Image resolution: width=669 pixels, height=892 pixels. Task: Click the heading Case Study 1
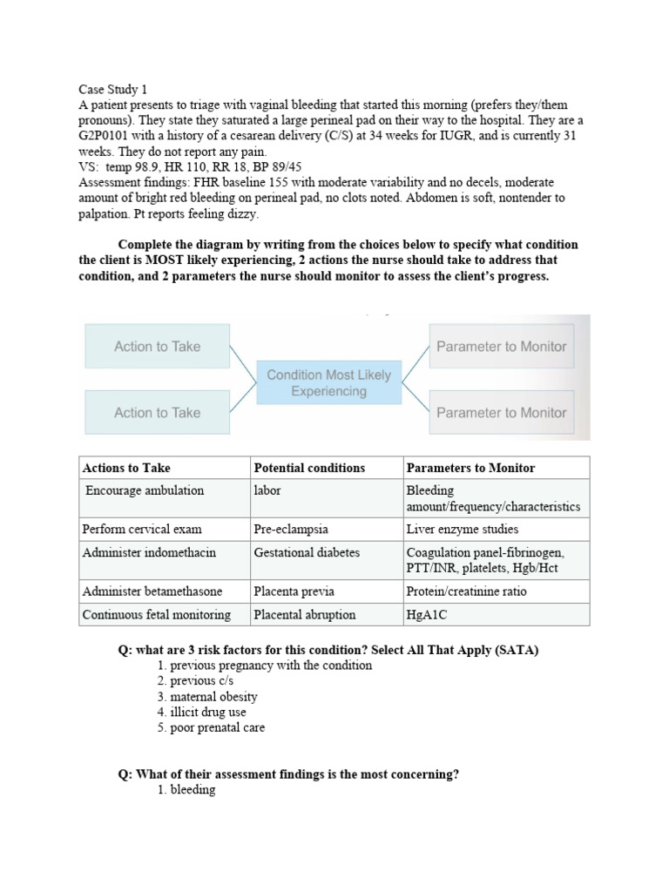pyautogui.click(x=113, y=89)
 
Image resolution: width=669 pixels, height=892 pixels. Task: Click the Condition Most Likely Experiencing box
pyautogui.click(x=328, y=383)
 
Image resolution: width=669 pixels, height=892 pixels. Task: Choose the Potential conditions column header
pyautogui.click(x=309, y=468)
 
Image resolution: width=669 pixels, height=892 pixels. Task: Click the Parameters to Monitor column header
pyautogui.click(x=470, y=468)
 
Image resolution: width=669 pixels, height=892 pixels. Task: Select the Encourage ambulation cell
pyautogui.click(x=145, y=490)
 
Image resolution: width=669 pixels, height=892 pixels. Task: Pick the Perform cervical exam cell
pyautogui.click(x=142, y=529)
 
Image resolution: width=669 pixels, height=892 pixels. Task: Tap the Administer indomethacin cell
pyautogui.click(x=149, y=552)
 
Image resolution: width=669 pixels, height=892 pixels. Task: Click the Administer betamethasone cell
pyautogui.click(x=152, y=591)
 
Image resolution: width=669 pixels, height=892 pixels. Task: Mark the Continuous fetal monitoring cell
pyautogui.click(x=157, y=614)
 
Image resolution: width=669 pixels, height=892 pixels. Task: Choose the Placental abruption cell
pyautogui.click(x=305, y=614)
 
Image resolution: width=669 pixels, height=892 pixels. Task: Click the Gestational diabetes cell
pyautogui.click(x=307, y=552)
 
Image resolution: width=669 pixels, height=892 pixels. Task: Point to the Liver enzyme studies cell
pyautogui.click(x=462, y=529)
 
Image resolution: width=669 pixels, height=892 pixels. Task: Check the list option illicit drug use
pyautogui.click(x=207, y=713)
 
